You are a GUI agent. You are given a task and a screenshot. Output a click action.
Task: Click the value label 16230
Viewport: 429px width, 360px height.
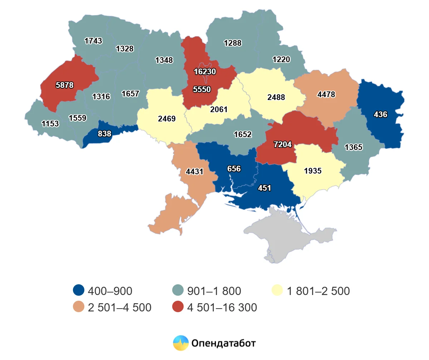(205, 71)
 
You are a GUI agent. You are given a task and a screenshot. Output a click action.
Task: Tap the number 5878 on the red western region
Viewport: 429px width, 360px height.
(65, 85)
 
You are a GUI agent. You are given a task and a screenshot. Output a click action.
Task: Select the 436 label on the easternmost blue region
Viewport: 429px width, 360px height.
(380, 115)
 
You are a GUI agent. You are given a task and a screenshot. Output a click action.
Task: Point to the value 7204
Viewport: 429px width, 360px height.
(283, 145)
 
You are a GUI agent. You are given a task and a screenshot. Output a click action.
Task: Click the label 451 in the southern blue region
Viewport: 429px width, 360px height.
(265, 188)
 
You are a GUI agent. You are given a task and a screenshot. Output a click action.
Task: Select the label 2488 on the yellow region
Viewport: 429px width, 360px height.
(276, 97)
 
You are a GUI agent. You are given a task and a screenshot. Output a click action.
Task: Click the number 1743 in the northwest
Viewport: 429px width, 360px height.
(93, 41)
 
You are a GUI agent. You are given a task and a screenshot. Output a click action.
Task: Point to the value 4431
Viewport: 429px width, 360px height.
(194, 171)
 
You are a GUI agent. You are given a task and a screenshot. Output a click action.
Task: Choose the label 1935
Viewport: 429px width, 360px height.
(313, 171)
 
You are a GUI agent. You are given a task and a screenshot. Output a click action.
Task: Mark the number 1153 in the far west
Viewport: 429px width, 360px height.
(50, 124)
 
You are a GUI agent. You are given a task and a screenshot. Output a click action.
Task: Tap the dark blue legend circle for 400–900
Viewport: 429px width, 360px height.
(78, 291)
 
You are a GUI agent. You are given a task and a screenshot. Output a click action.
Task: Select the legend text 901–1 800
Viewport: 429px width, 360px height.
(214, 291)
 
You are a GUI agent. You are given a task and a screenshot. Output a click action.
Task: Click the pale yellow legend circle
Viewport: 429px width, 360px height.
(278, 291)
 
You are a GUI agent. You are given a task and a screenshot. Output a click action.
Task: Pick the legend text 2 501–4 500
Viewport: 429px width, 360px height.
(119, 307)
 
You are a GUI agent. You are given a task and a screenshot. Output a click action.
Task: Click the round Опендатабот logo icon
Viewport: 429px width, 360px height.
(181, 343)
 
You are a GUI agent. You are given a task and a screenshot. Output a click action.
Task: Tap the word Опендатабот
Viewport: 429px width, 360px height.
(223, 344)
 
